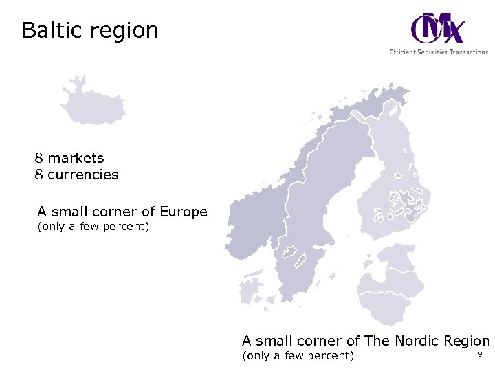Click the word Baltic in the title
[x=51, y=31]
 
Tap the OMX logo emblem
[x=437, y=29]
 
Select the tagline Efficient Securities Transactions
[x=439, y=52]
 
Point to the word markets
[x=76, y=159]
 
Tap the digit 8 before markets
[x=39, y=159]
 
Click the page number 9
[x=480, y=355]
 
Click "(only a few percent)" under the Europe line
[x=92, y=227]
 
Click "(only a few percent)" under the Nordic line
[x=297, y=355]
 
